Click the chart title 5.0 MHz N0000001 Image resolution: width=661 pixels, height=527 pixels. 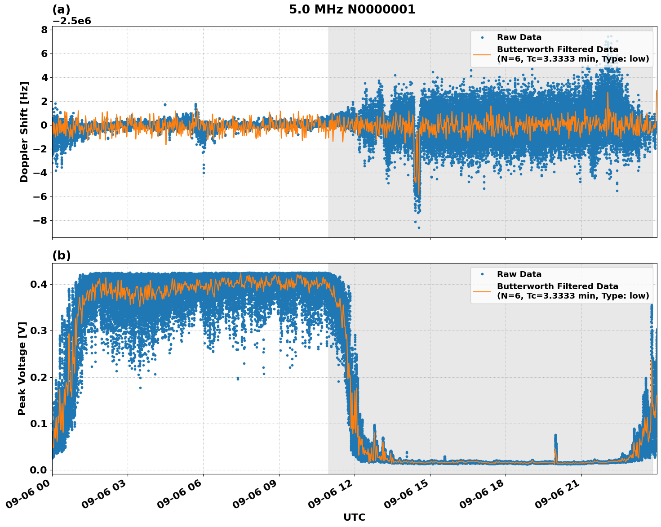(x=352, y=9)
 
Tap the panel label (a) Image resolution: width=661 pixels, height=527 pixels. (x=61, y=9)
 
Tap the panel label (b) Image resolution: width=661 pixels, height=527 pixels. (x=61, y=255)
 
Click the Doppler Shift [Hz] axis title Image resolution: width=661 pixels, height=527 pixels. (x=24, y=132)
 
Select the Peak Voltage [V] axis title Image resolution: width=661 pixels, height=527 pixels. (x=22, y=368)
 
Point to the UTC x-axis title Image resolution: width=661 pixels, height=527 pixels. (x=354, y=517)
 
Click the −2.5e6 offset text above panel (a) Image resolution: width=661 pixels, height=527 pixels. (x=72, y=21)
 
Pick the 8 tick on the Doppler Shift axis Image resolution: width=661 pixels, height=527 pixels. (x=44, y=30)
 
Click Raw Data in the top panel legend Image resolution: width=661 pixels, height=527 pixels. (x=519, y=37)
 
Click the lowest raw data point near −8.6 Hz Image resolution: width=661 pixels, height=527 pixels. (x=419, y=228)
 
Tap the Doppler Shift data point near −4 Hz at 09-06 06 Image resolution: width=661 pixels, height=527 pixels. (x=204, y=173)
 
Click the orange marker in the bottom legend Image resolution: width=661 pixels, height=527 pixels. (x=483, y=291)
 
